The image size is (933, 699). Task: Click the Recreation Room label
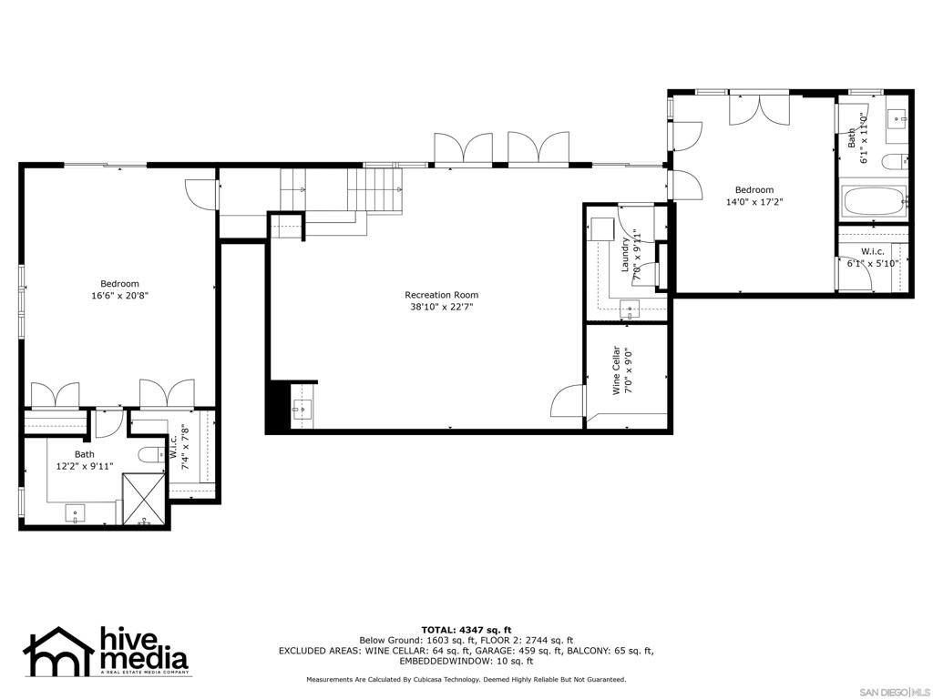tap(441, 295)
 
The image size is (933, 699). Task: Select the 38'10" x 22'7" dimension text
tap(441, 307)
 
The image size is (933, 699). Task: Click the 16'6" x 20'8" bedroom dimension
tap(119, 296)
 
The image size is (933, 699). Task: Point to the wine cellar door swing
tap(569, 400)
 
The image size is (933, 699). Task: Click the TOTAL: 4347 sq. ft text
tap(466, 630)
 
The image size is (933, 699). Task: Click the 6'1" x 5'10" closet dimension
tap(873, 264)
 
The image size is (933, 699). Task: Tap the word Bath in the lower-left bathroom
tap(84, 454)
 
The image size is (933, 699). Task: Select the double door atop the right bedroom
tap(758, 108)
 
